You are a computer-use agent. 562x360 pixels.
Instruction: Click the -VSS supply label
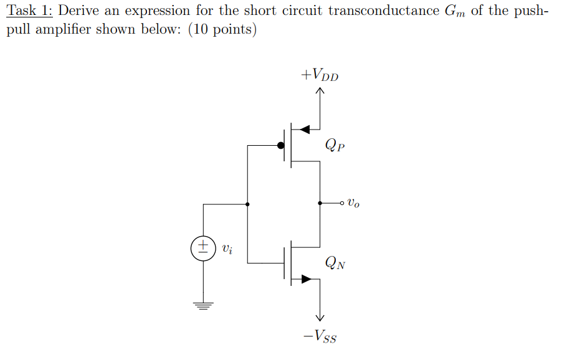320,338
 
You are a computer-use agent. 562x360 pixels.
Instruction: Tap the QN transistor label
335,263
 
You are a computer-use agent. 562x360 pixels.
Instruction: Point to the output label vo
353,202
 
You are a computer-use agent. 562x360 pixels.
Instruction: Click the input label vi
228,249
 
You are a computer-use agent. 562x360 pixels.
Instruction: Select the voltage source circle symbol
203,248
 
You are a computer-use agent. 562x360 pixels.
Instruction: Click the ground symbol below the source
203,305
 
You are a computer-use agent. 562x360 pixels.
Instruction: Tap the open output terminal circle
342,203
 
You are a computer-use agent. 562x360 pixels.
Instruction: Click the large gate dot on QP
282,146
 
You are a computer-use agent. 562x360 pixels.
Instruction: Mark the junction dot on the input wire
248,204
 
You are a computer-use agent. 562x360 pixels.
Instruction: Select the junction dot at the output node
320,203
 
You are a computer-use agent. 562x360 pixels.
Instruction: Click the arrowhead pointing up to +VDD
320,92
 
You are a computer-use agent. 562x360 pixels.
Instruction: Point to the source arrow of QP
305,129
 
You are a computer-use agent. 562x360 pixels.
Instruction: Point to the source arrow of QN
305,279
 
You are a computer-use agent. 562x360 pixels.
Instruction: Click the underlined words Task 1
28,11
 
